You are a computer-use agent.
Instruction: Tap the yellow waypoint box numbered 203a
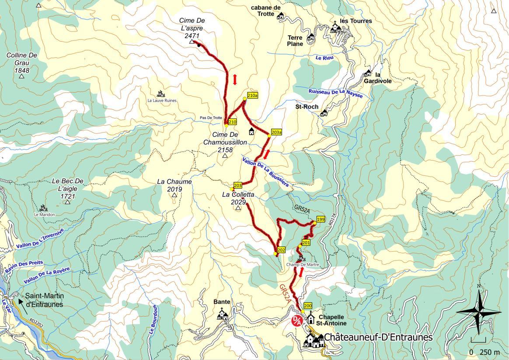[x=276, y=132]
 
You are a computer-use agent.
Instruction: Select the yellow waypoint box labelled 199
[x=321, y=219]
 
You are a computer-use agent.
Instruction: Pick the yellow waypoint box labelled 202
[x=281, y=250]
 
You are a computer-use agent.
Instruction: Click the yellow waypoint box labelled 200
[x=307, y=306]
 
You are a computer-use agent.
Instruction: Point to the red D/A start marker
[x=296, y=321]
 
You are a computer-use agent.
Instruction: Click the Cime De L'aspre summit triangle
[x=192, y=42]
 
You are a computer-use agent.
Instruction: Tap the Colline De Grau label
[x=21, y=63]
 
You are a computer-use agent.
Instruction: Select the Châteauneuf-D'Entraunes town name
[x=378, y=337]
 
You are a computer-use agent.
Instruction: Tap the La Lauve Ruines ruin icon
[x=160, y=94]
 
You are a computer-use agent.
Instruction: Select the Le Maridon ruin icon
[x=43, y=208]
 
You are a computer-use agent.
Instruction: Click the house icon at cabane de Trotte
[x=281, y=16]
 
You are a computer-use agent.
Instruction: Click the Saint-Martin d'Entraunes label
[x=44, y=301]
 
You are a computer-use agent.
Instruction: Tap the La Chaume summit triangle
[x=174, y=195]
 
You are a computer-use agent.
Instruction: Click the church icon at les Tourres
[x=335, y=28]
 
